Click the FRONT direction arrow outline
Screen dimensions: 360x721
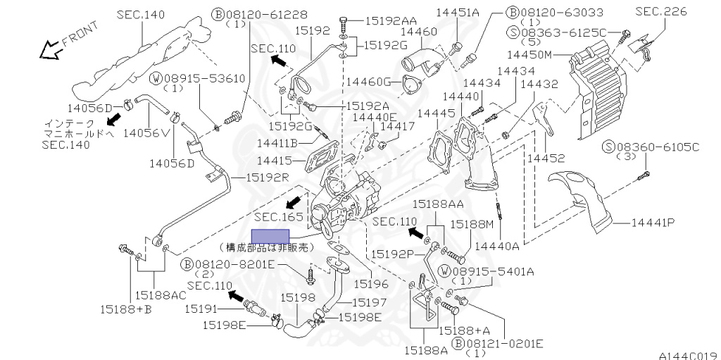pos(49,50)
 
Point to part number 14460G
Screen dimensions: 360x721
pos(368,82)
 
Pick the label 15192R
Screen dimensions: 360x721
pos(267,177)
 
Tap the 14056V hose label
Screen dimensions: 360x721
pos(146,132)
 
